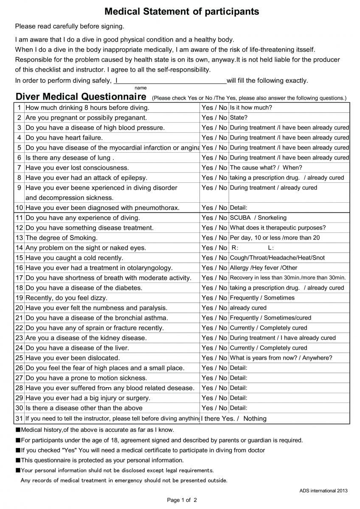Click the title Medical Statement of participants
tap(182, 11)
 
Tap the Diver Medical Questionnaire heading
tap(81, 96)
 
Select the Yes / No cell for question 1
tap(214, 108)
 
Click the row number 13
tap(20, 238)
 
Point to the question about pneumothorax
tap(102, 208)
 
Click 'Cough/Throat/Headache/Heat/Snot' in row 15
tap(277, 258)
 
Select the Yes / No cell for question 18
tap(214, 288)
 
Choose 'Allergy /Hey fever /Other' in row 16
tap(264, 268)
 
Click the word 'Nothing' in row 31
tap(255, 419)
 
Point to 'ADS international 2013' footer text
tap(323, 491)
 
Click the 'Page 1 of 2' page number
tap(182, 501)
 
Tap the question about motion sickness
tap(86, 378)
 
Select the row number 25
tap(20, 358)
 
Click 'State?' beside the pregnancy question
tap(239, 117)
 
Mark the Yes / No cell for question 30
tap(214, 408)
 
